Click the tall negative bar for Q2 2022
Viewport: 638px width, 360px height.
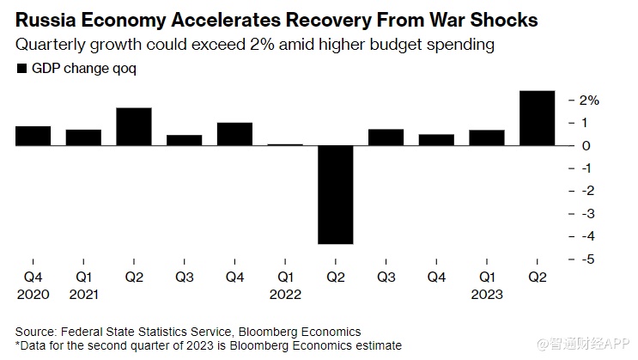click(x=336, y=195)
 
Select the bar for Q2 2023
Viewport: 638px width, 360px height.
click(x=538, y=118)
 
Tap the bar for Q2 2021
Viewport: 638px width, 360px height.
click(x=134, y=126)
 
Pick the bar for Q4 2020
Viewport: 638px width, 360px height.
click(x=33, y=136)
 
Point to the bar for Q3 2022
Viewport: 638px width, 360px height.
click(x=386, y=137)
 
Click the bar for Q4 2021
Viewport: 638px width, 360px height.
click(x=234, y=134)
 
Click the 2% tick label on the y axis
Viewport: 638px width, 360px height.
click(x=588, y=101)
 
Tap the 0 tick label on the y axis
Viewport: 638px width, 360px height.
click(x=586, y=145)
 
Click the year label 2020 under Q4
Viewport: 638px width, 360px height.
click(x=33, y=295)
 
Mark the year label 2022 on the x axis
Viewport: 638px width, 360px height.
click(x=285, y=295)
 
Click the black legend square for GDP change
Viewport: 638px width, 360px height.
click(x=21, y=69)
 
